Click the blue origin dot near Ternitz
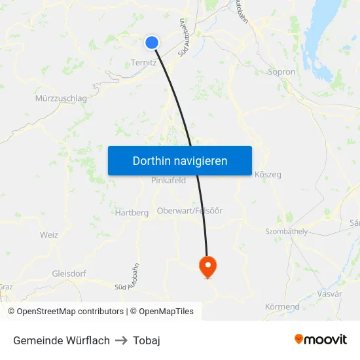click(152, 43)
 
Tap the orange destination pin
click(207, 266)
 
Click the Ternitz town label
click(143, 63)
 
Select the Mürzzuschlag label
click(60, 98)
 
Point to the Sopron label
click(281, 71)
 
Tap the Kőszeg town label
click(267, 175)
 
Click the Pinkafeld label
click(168, 181)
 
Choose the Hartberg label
click(132, 213)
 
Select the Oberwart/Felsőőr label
click(190, 211)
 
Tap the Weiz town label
click(49, 235)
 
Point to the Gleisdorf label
click(69, 274)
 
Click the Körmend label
click(282, 306)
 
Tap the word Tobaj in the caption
click(147, 340)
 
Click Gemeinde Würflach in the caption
click(62, 340)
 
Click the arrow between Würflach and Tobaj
click(121, 340)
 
